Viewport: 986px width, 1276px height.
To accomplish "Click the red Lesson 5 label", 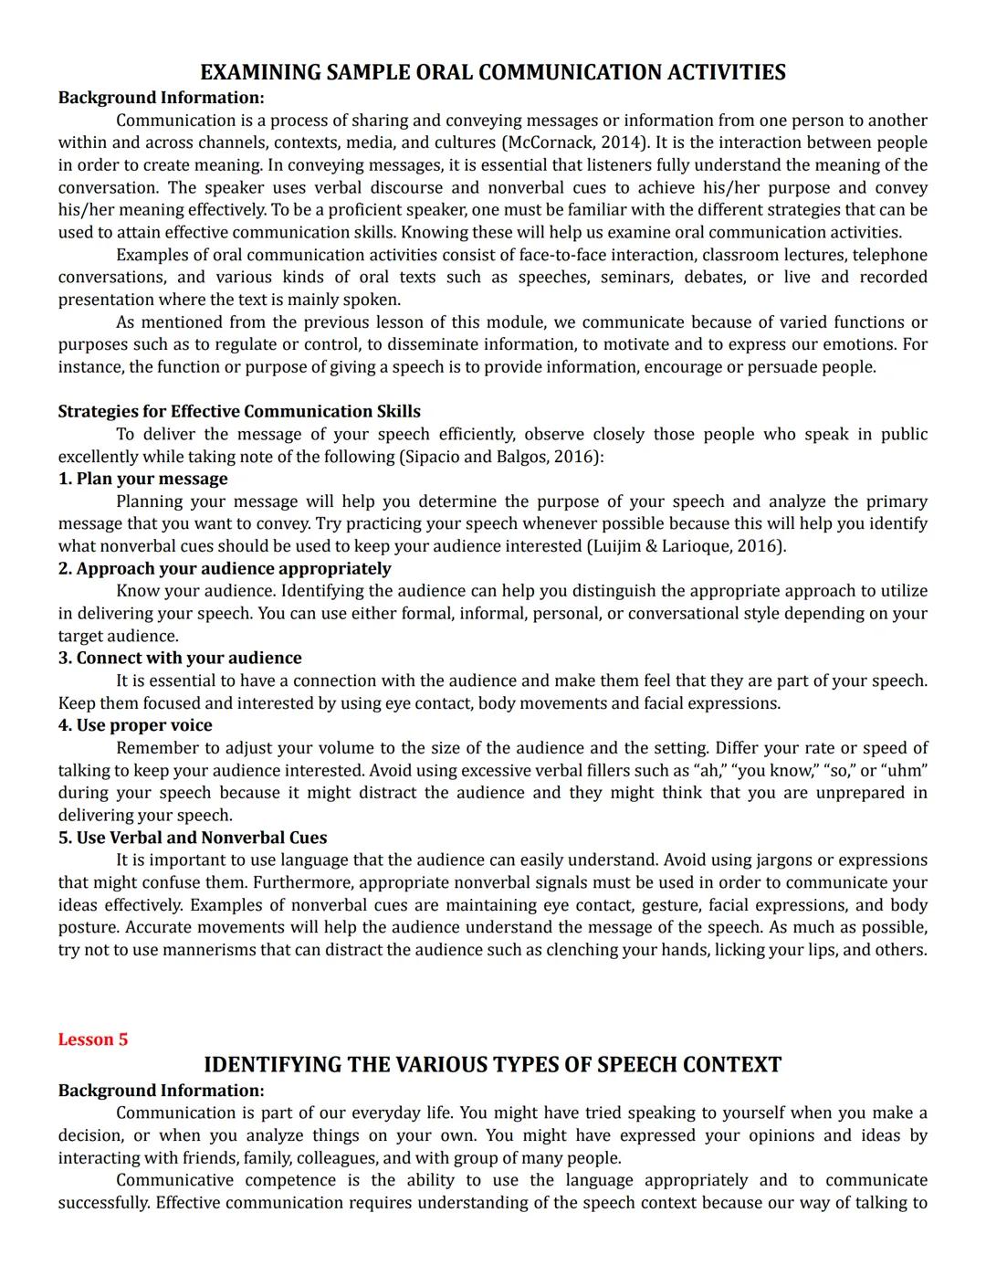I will [93, 1039].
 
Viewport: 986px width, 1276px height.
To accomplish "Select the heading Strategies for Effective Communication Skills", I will [239, 411].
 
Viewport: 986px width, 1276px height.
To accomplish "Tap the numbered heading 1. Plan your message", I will [143, 479].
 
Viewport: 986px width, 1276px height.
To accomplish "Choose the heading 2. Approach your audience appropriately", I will [225, 568].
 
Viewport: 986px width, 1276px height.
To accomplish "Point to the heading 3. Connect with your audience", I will [180, 658].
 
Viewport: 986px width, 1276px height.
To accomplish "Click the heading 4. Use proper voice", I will [135, 725].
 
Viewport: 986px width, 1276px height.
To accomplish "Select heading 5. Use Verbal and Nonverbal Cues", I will [193, 838].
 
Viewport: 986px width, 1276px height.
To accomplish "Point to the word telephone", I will [889, 255].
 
